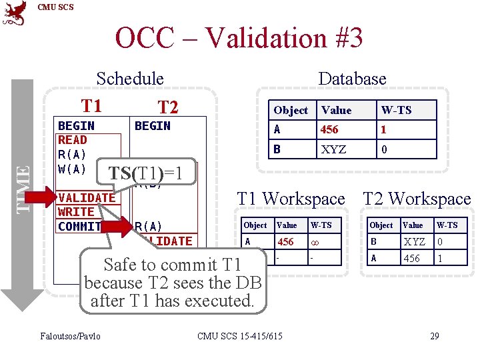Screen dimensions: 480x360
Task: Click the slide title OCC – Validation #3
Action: click(x=239, y=38)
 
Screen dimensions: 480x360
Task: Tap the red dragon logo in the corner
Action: click(x=15, y=13)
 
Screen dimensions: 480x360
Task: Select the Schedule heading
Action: click(x=129, y=79)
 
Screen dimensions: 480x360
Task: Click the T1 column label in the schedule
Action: click(x=91, y=105)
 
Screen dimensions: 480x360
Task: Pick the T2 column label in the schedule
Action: click(x=167, y=107)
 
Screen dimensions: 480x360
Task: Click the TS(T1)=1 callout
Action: click(x=145, y=173)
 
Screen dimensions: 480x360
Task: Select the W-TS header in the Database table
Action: click(x=396, y=110)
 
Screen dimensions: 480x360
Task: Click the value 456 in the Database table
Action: click(x=329, y=129)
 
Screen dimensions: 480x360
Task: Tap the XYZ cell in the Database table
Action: click(x=333, y=149)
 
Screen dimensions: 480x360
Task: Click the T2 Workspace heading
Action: click(x=416, y=199)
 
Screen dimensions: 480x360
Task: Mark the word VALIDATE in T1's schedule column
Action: click(x=87, y=197)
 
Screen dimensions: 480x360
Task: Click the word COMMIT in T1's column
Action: click(x=79, y=226)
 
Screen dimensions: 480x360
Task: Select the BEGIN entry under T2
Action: click(x=153, y=126)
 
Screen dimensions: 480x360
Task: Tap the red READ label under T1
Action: click(x=72, y=140)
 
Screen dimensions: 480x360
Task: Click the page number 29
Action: click(x=434, y=335)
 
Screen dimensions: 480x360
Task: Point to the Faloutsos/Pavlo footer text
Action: click(x=71, y=335)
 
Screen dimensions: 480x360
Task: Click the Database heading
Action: click(x=352, y=79)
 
